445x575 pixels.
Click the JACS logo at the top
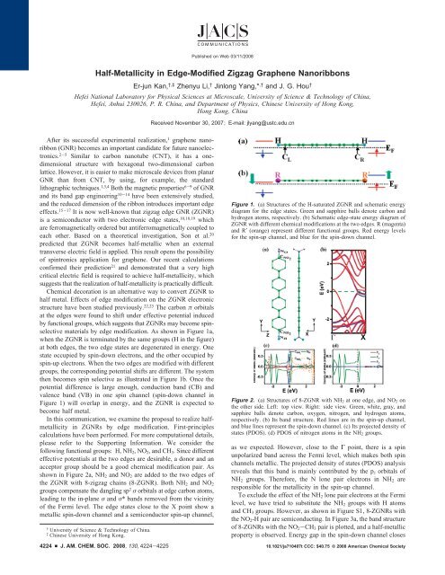click(x=222, y=21)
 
